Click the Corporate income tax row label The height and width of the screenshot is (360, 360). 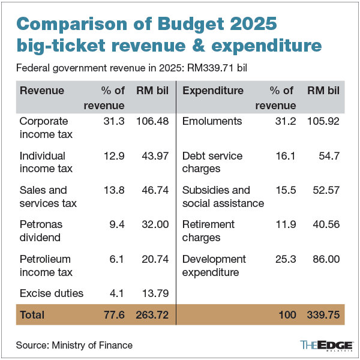[x=46, y=128]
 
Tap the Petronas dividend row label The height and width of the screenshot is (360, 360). [x=41, y=231]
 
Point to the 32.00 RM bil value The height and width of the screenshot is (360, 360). [x=154, y=224]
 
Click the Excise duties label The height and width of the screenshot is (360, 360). [x=52, y=293]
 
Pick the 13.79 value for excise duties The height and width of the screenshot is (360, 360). [x=154, y=293]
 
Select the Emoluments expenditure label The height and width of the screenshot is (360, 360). [x=212, y=121]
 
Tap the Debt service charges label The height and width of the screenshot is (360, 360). [x=212, y=162]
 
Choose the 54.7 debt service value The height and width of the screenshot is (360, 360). [x=328, y=156]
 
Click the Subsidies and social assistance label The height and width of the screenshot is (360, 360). [x=223, y=197]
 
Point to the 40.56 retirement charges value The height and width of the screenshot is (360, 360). [x=325, y=224]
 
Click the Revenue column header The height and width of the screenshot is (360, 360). [x=42, y=91]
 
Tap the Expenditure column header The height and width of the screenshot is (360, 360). [x=212, y=91]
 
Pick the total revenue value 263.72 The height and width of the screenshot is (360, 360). [x=150, y=314]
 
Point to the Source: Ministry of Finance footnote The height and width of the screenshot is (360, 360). [x=74, y=345]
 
